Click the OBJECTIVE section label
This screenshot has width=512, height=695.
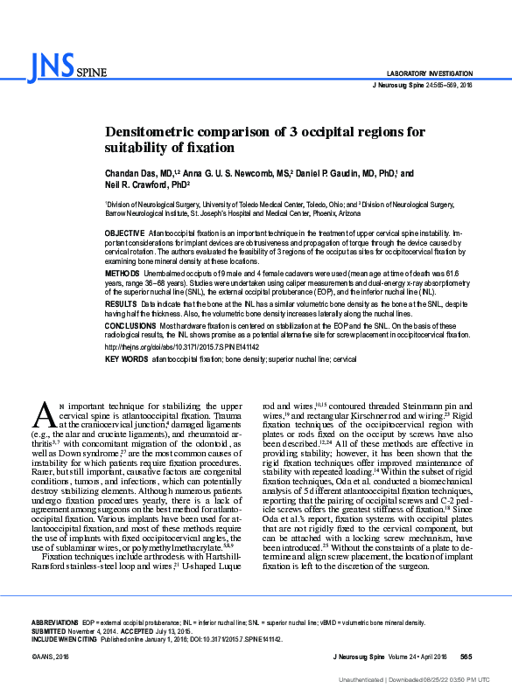click(126, 234)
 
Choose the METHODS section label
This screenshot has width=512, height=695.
click(123, 273)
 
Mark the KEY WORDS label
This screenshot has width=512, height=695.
click(126, 359)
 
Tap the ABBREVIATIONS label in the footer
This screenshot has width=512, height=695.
click(54, 622)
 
